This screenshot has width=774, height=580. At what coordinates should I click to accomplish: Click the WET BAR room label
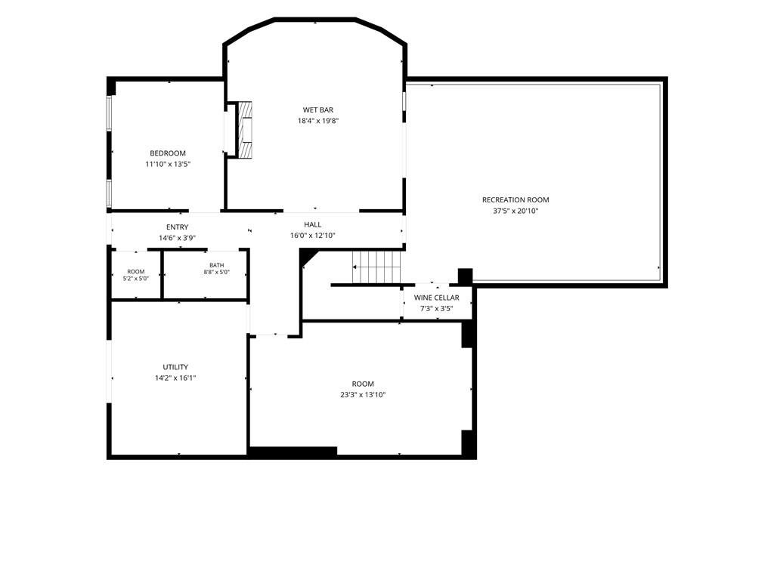[x=318, y=110]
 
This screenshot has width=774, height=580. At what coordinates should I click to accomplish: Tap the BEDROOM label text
[x=168, y=153]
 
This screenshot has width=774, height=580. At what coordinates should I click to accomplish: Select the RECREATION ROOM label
[x=515, y=199]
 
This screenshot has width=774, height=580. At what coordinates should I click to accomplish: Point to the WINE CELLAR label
[x=436, y=298]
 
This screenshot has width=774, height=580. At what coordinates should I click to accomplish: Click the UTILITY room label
[x=175, y=367]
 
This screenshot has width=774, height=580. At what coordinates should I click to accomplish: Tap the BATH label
[x=217, y=265]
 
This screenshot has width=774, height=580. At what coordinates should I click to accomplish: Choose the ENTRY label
[x=177, y=227]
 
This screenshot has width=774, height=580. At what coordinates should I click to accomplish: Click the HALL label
[x=313, y=225]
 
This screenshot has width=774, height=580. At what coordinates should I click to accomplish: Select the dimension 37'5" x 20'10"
[x=515, y=211]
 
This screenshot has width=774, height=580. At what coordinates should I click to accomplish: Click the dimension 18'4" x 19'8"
[x=318, y=121]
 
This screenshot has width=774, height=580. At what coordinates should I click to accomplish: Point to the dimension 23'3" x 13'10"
[x=363, y=394]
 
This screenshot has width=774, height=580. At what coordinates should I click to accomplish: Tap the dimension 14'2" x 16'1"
[x=175, y=378]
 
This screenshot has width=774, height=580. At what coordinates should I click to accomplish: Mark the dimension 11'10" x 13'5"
[x=168, y=164]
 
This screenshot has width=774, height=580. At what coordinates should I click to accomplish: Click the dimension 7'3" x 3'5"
[x=436, y=309]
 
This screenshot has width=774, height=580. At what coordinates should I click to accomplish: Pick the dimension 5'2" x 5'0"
[x=136, y=278]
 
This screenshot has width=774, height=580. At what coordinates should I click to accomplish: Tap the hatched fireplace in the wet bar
[x=246, y=130]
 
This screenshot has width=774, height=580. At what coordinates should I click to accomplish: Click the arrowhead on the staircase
[x=354, y=267]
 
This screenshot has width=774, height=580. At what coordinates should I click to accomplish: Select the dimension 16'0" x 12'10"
[x=313, y=236]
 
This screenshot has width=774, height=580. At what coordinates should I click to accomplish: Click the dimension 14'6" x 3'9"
[x=177, y=238]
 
